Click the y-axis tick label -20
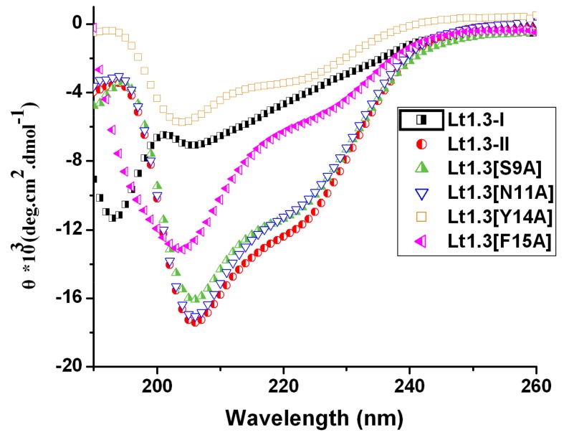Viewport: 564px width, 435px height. [71, 367]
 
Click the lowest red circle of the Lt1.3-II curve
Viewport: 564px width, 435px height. [195, 322]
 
